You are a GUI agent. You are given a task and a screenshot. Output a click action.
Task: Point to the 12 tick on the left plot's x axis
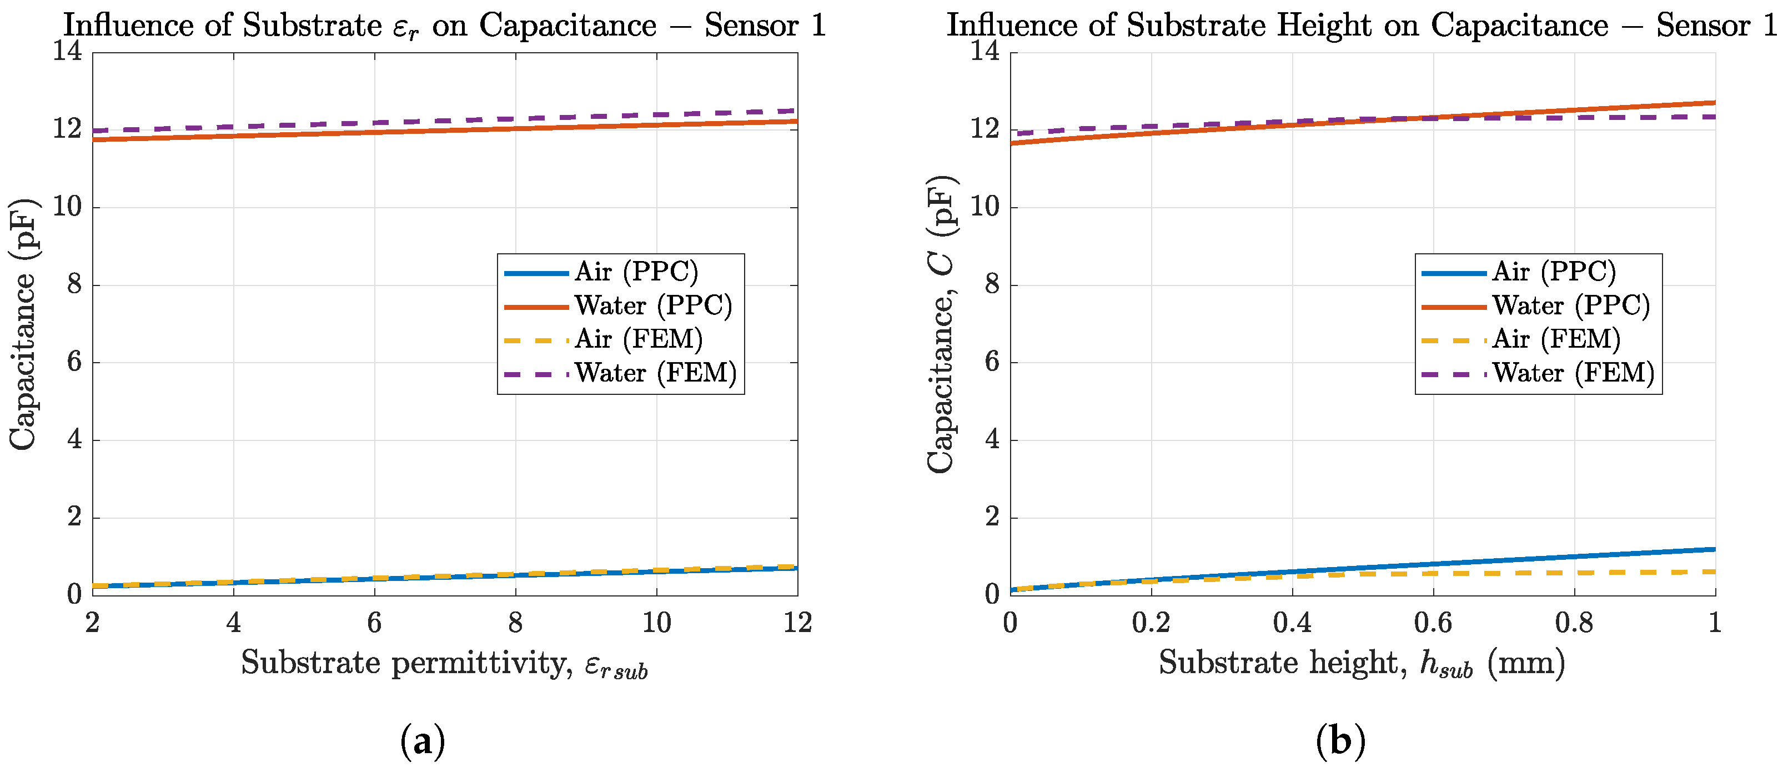pos(797,623)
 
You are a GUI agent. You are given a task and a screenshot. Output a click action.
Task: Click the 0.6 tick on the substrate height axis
pos(1433,623)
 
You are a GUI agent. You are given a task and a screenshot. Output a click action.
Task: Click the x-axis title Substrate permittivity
pos(444,664)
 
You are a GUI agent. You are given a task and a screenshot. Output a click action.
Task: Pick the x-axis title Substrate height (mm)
pos(1362,664)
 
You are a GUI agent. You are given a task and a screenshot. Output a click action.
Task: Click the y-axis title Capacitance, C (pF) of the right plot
pos(941,324)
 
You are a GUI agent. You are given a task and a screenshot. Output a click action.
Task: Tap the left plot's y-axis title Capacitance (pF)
pos(23,324)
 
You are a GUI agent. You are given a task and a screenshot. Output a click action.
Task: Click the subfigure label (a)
pos(423,741)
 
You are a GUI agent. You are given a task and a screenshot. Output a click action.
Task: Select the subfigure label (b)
pos(1340,741)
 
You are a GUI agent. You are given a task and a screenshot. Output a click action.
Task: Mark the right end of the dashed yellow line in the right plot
pos(1715,572)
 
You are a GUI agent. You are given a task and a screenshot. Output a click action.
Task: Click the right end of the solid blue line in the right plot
pos(1715,550)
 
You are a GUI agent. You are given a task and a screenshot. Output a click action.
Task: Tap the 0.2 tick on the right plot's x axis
pos(1151,623)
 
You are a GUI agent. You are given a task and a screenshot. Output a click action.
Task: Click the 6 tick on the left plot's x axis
pos(374,623)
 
